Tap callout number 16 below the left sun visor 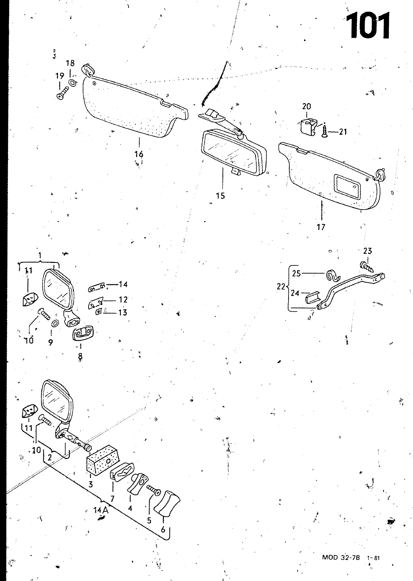pyautogui.click(x=139, y=154)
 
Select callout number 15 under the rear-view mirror pyautogui.click(x=220, y=196)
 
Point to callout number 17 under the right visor pyautogui.click(x=321, y=227)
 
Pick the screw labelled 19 pyautogui.click(x=63, y=93)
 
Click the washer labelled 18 pyautogui.click(x=73, y=83)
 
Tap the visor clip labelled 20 pyautogui.click(x=307, y=129)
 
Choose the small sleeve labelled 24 pyautogui.click(x=312, y=297)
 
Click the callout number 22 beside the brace pyautogui.click(x=281, y=287)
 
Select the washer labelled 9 pyautogui.click(x=55, y=324)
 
